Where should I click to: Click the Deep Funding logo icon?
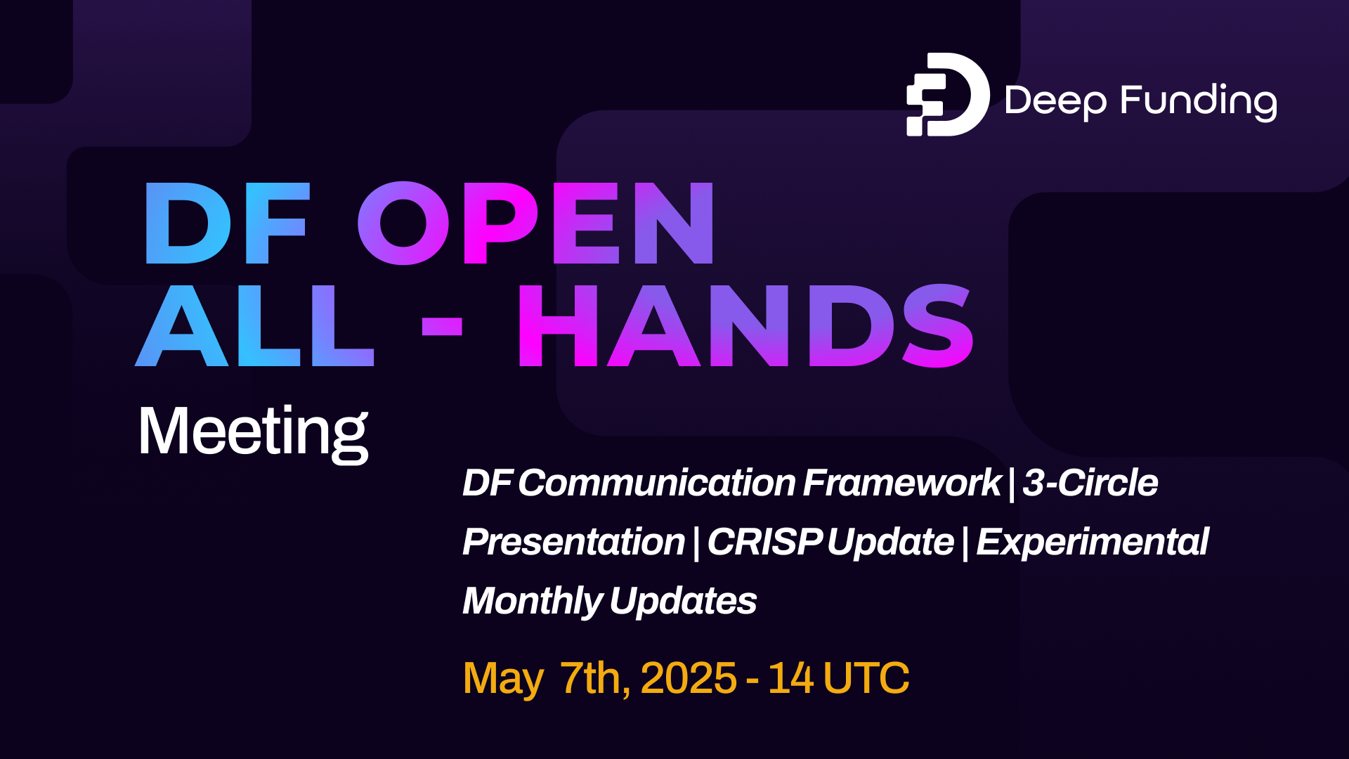pos(947,95)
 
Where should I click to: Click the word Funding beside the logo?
pos(1199,101)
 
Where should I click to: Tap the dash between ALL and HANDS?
pos(442,327)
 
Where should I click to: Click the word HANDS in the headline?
pos(745,326)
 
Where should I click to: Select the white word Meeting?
pos(253,432)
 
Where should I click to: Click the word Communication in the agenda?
pos(656,484)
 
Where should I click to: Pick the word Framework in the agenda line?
pos(901,484)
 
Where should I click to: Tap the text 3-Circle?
pos(1090,484)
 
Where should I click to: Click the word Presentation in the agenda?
pos(573,543)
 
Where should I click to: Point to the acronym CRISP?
pos(764,543)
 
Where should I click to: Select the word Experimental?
pos(1092,543)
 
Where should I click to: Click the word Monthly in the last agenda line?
pos(532,602)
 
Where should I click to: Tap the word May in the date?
pos(502,679)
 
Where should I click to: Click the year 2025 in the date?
pos(689,678)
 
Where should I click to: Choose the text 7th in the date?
pos(594,678)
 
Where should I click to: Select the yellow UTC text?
pos(866,678)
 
